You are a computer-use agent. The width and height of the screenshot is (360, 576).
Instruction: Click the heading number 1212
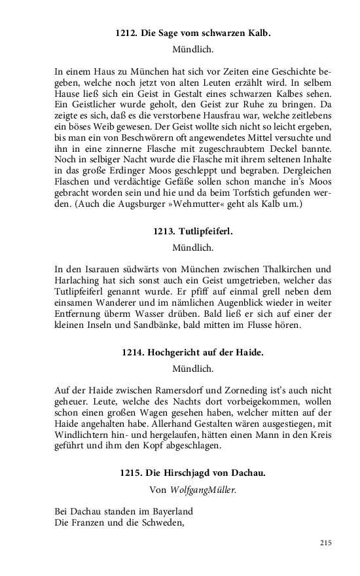[x=126, y=32]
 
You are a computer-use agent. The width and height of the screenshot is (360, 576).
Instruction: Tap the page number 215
[x=326, y=543]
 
